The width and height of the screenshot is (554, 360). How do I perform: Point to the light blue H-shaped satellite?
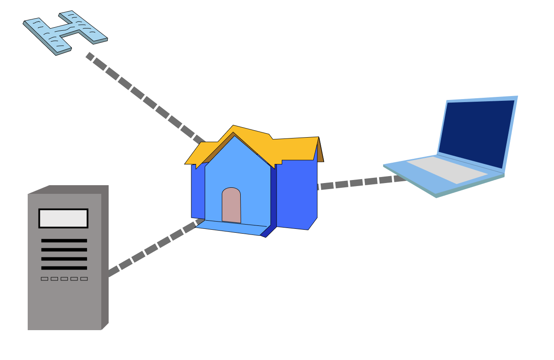tap(65, 32)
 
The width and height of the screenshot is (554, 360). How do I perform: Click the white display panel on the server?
tap(63, 219)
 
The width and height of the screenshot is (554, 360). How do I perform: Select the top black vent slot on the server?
tap(64, 241)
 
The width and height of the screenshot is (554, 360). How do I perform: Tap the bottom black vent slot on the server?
tap(64, 268)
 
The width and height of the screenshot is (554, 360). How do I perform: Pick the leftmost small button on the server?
tap(45, 279)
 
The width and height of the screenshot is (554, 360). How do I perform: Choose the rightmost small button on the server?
tap(84, 279)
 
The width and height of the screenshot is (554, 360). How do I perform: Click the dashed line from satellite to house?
tap(143, 98)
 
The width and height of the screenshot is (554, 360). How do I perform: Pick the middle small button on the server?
tap(64, 279)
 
